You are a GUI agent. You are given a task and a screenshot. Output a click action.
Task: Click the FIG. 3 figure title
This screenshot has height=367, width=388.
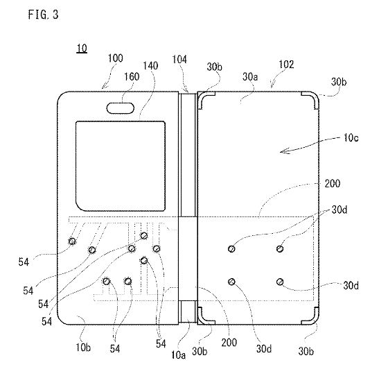43,15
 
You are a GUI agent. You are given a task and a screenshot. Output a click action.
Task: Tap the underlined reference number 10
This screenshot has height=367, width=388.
82,48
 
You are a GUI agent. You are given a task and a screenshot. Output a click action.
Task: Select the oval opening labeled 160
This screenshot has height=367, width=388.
121,108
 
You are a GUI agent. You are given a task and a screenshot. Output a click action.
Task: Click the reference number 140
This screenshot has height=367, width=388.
150,66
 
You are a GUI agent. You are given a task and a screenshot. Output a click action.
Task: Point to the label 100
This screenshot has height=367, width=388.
115,58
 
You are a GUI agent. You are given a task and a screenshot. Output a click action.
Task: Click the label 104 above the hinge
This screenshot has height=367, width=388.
179,60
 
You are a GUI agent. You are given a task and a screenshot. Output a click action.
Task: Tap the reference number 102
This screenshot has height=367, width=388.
286,65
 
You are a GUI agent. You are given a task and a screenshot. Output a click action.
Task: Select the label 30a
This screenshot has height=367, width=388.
250,77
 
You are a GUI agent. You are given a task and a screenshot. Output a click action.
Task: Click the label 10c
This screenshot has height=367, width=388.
351,138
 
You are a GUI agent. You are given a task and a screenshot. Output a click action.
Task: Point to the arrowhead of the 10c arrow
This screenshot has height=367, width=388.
281,151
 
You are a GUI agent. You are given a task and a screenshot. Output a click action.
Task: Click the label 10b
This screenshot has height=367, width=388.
83,348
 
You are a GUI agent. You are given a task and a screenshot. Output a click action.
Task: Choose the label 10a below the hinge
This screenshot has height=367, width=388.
178,355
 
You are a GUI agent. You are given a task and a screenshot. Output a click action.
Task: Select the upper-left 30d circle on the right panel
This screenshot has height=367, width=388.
231,248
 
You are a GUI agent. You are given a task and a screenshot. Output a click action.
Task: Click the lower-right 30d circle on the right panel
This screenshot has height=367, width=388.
280,282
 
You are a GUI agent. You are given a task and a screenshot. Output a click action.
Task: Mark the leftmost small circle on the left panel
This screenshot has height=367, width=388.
72,241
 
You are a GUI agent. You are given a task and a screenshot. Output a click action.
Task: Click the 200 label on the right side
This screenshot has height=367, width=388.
333,184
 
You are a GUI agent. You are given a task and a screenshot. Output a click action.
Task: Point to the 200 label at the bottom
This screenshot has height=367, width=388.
229,342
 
